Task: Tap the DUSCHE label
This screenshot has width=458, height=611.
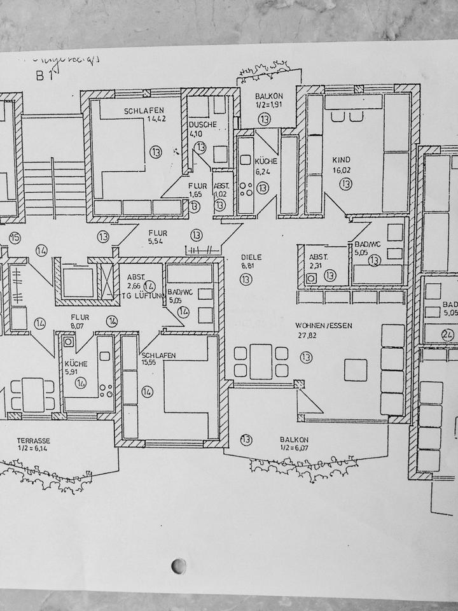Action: coord(202,124)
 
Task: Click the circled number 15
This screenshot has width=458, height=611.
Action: coord(15,238)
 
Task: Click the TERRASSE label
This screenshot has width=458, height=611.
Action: coord(34,440)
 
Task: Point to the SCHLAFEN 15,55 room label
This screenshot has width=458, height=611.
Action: coord(159,356)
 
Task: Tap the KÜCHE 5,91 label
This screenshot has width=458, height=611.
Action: coord(76,364)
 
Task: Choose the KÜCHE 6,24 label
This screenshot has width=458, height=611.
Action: coord(265,162)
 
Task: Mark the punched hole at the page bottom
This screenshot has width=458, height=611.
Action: coord(179,566)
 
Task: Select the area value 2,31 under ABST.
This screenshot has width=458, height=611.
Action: coord(316,267)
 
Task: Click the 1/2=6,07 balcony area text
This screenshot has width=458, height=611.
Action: coord(294,448)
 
